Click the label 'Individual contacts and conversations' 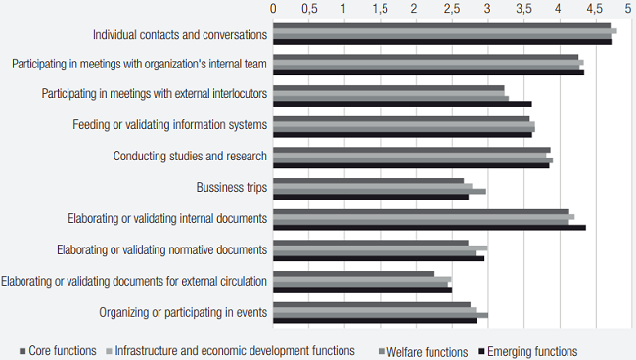pos(180,35)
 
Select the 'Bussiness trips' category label pos(232,187)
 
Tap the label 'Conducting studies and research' pos(190,157)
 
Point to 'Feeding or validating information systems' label pos(170,125)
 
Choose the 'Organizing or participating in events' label pos(183,312)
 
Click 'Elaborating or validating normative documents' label pos(161,250)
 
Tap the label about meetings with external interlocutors pos(155,95)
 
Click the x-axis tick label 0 pos(273,8)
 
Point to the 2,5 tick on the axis pos(450,8)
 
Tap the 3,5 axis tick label pos(522,8)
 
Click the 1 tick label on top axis pos(343,8)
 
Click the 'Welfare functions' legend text pos(427,351)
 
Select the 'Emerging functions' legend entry pos(532,351)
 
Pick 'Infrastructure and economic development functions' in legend pos(235,351)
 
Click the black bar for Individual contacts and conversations pos(441,42)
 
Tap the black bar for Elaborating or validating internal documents pos(429,227)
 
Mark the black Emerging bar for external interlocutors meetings pos(401,103)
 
